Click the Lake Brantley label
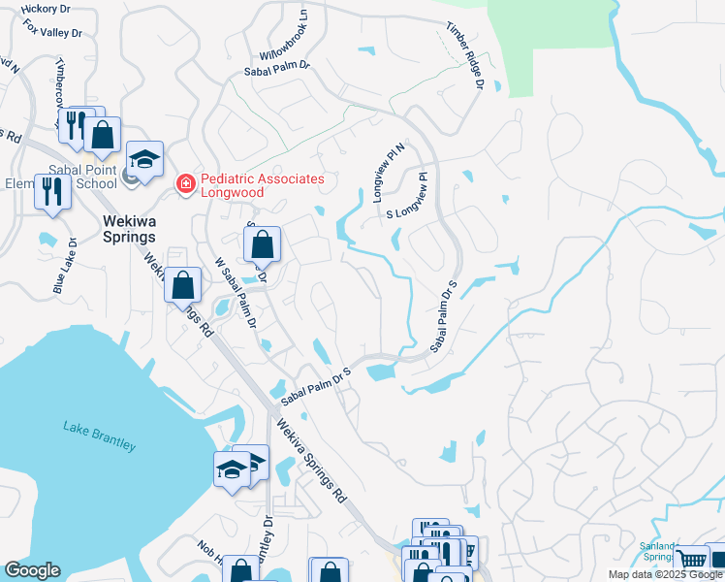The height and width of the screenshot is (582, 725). click(x=100, y=436)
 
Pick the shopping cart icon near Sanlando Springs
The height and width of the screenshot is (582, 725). click(x=692, y=559)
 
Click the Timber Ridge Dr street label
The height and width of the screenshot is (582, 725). click(x=464, y=55)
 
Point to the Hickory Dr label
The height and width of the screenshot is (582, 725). click(x=40, y=9)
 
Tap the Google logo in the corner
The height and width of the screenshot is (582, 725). click(x=32, y=570)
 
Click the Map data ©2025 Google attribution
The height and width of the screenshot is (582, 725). click(x=665, y=574)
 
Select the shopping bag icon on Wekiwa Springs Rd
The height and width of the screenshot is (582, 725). click(x=182, y=286)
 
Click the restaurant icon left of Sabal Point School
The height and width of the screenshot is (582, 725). click(x=51, y=191)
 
